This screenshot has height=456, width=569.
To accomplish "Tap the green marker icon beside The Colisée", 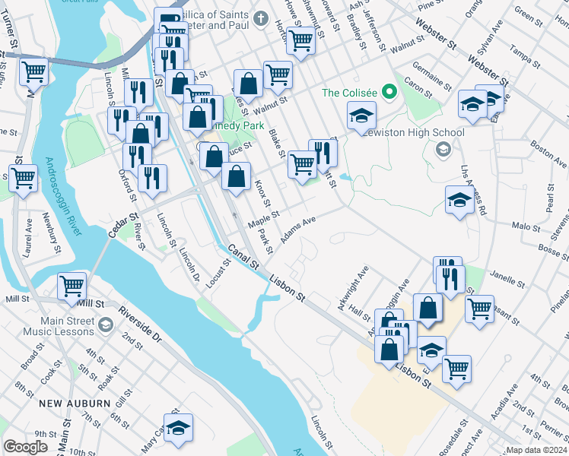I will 390,93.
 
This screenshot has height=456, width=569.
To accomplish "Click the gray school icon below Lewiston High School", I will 443,149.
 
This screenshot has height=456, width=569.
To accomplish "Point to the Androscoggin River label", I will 60,198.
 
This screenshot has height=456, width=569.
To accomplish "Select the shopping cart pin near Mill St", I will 72,287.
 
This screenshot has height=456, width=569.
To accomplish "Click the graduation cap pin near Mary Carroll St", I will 178,429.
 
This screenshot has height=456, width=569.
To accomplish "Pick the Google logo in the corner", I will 25,447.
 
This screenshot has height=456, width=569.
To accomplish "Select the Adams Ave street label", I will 298,230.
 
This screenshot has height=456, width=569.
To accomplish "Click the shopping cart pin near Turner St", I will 34,72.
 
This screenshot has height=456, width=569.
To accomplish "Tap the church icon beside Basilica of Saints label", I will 261,17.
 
